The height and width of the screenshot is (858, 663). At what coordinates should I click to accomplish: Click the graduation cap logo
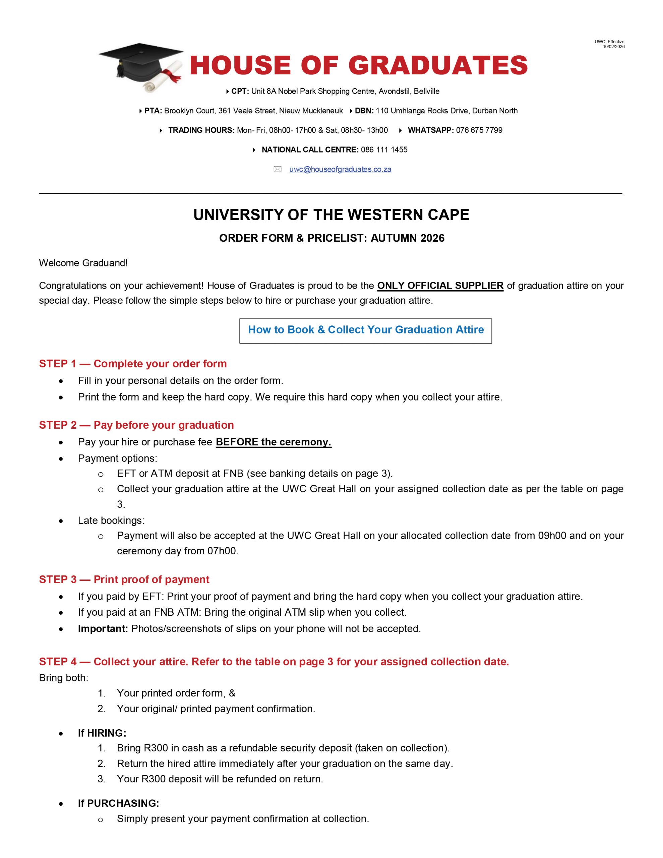pos(141,67)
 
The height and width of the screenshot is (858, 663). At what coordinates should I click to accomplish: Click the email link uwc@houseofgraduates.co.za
pos(340,169)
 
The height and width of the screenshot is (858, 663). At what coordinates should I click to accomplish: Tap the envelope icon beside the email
pos(278,169)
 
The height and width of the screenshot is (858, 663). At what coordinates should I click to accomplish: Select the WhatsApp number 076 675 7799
pos(479,130)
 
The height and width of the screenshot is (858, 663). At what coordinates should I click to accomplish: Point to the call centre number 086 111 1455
pos(384,150)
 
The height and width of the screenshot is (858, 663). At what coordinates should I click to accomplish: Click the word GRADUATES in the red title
pos(438,65)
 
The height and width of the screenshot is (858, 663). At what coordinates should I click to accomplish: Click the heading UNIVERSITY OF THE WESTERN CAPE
pos(331,215)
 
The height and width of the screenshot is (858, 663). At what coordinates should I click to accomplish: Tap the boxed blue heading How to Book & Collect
pos(365,329)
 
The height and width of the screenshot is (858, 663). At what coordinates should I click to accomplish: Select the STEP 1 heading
pos(133,364)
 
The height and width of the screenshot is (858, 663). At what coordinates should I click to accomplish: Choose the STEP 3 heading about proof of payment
pos(124,579)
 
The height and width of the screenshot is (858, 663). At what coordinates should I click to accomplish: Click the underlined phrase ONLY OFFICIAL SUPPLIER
pos(440,286)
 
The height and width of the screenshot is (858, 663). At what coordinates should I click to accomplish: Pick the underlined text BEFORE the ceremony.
pos(274,442)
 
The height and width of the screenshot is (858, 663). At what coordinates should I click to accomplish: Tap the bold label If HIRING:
pos(102,733)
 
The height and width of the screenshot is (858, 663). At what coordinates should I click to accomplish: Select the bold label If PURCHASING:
pos(118,803)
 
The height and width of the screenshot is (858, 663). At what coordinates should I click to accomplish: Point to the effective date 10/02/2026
pos(613,47)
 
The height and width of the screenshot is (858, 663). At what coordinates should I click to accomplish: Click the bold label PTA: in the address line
pos(153,111)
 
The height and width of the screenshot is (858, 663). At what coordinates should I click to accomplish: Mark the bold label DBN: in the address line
pos(364,111)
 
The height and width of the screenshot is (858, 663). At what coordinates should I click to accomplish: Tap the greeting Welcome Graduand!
pos(83,263)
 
